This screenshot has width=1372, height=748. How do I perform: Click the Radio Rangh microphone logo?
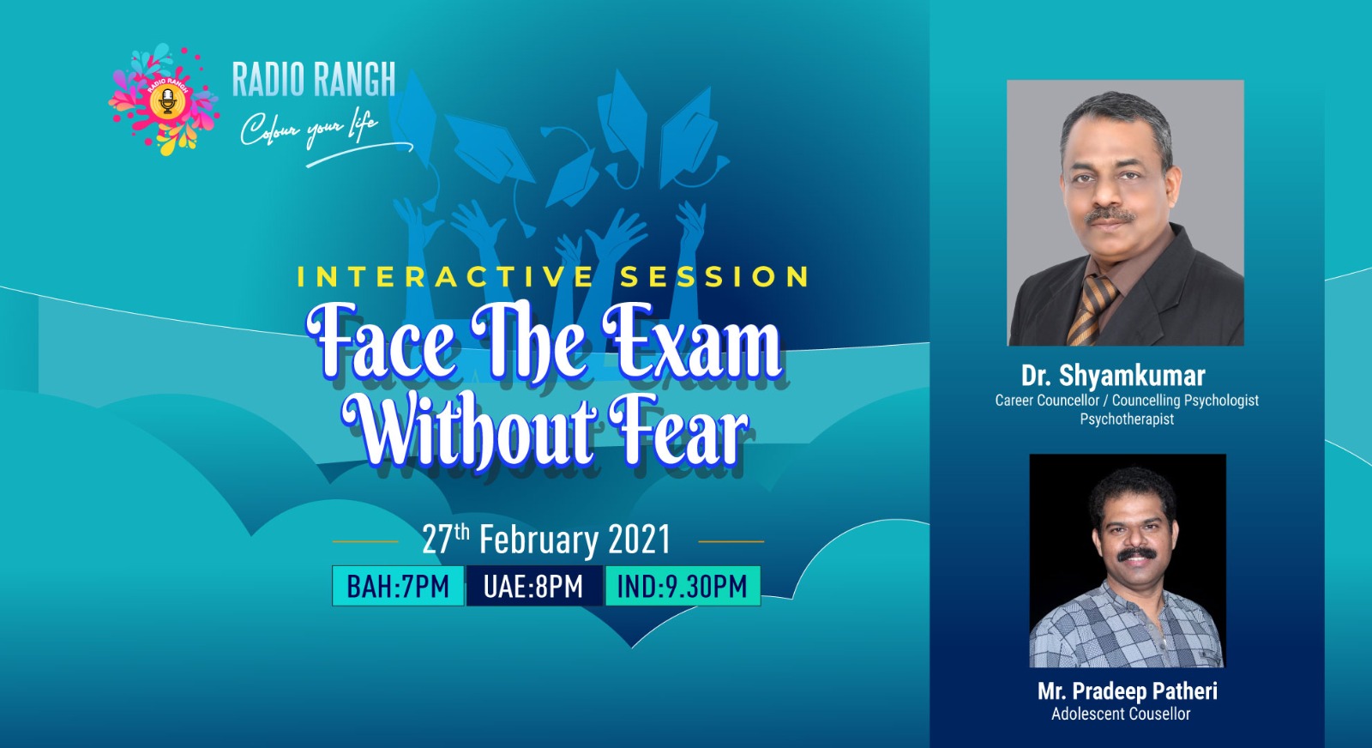tap(164, 100)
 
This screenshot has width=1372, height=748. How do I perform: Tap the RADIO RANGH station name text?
tap(314, 79)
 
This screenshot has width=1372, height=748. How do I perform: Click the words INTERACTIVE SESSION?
tap(553, 277)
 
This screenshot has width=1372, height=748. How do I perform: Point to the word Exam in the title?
tap(691, 342)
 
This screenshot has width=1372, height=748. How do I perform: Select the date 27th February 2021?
tap(546, 540)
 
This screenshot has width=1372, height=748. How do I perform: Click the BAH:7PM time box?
tap(398, 586)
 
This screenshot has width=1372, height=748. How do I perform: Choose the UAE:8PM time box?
tap(534, 586)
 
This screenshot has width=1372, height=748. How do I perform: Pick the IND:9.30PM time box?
tap(683, 586)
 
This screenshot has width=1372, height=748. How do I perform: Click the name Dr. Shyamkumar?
tap(1113, 376)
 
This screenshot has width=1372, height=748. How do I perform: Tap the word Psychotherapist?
tap(1127, 419)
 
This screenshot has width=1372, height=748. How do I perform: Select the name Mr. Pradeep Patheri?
tap(1127, 691)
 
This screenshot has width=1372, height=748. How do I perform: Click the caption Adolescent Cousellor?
tap(1121, 715)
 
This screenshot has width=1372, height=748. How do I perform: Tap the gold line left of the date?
tap(365, 541)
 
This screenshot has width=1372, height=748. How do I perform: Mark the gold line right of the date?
tap(731, 541)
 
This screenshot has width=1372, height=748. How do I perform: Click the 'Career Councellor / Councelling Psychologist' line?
tap(1127, 401)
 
